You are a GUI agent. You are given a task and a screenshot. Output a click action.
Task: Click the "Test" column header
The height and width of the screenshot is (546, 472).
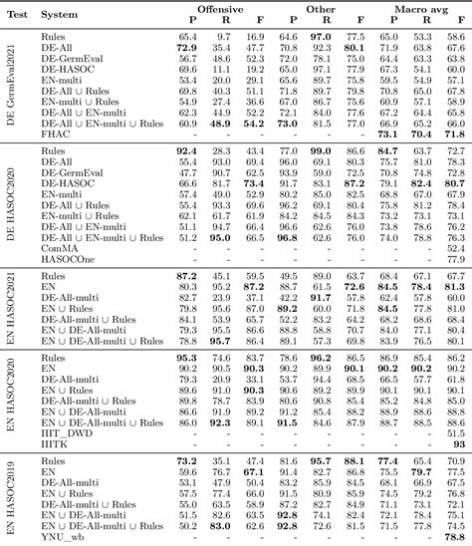tap(17, 16)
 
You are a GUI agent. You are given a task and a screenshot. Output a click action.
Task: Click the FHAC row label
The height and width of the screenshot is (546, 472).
tap(56, 134)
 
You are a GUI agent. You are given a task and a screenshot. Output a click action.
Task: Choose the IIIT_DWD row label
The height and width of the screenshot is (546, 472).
tap(68, 404)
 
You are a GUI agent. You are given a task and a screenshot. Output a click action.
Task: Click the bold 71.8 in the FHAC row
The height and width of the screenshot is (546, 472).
tap(455, 134)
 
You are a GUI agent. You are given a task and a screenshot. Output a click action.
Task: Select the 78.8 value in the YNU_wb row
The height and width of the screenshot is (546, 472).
tap(455, 538)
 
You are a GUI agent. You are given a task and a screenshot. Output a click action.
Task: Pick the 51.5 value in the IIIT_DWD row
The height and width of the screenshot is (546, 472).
tap(455, 404)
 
